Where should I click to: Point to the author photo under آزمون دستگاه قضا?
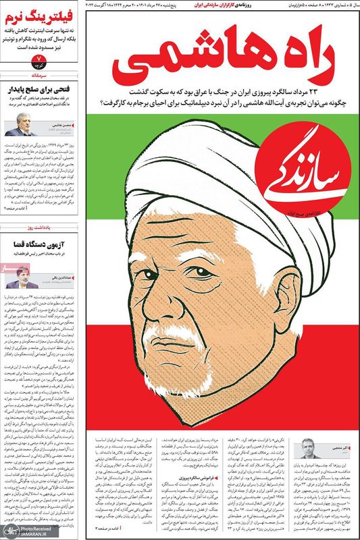pyautogui.click(x=21, y=277)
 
